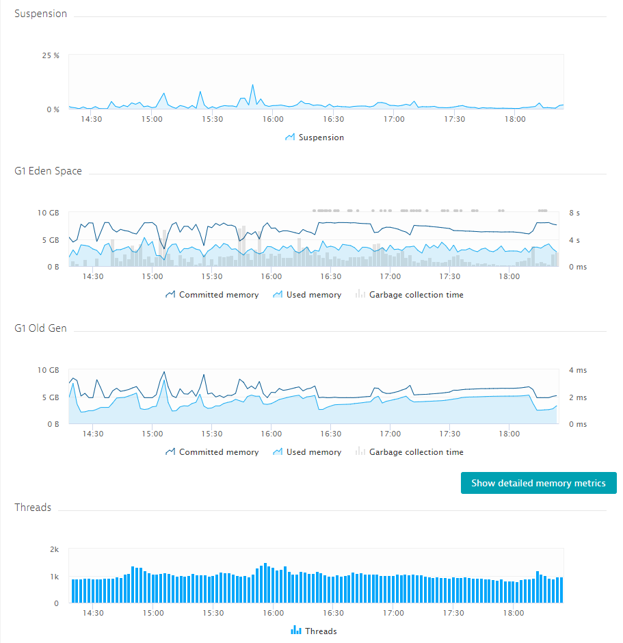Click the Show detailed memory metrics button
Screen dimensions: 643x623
[538, 483]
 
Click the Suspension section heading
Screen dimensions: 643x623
[40, 14]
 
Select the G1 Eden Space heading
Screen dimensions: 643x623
[48, 171]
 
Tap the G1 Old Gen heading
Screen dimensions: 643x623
[40, 328]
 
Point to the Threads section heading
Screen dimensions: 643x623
[33, 508]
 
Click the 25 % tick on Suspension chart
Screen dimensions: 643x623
[51, 55]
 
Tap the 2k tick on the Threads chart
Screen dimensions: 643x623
[55, 550]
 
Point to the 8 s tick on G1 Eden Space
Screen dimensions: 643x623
[574, 213]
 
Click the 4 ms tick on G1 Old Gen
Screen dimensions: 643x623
[577, 370]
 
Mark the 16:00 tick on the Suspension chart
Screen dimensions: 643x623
[273, 119]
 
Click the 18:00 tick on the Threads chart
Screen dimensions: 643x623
[514, 613]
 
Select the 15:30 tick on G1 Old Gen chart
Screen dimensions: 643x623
[212, 434]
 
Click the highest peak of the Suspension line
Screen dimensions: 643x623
[252, 86]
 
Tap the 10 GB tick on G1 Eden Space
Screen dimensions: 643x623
[49, 213]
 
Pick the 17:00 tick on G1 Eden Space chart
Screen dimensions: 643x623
[390, 276]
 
